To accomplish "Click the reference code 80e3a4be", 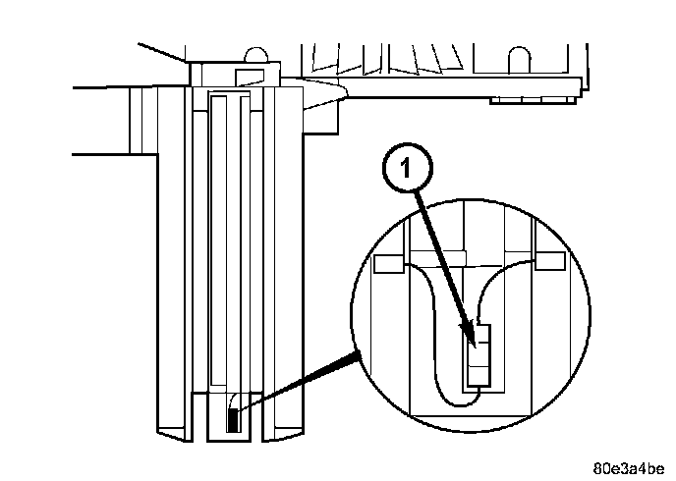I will (x=628, y=466).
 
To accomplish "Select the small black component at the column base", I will (x=233, y=420).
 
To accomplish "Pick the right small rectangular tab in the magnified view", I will (x=550, y=261).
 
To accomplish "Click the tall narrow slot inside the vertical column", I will (x=231, y=245).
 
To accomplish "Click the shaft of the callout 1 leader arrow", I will (x=442, y=260).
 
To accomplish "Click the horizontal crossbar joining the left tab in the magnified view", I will (x=462, y=257).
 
